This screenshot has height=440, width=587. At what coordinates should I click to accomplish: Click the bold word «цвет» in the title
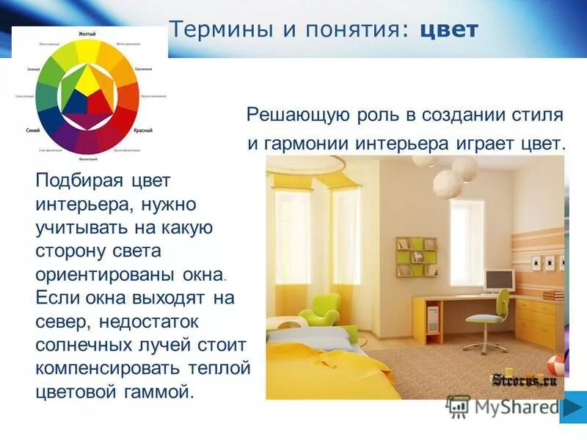[x=449, y=31]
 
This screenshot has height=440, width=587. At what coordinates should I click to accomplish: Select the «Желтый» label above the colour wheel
[x=89, y=34]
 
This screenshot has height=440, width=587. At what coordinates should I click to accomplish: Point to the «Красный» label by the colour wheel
[x=142, y=129]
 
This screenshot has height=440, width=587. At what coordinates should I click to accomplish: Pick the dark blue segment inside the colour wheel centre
[x=76, y=103]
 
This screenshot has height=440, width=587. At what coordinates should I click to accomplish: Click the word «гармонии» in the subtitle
[x=304, y=143]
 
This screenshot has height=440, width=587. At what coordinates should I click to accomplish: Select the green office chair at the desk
[x=488, y=315]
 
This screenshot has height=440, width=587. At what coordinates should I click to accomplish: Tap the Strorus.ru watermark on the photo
[x=524, y=380]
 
